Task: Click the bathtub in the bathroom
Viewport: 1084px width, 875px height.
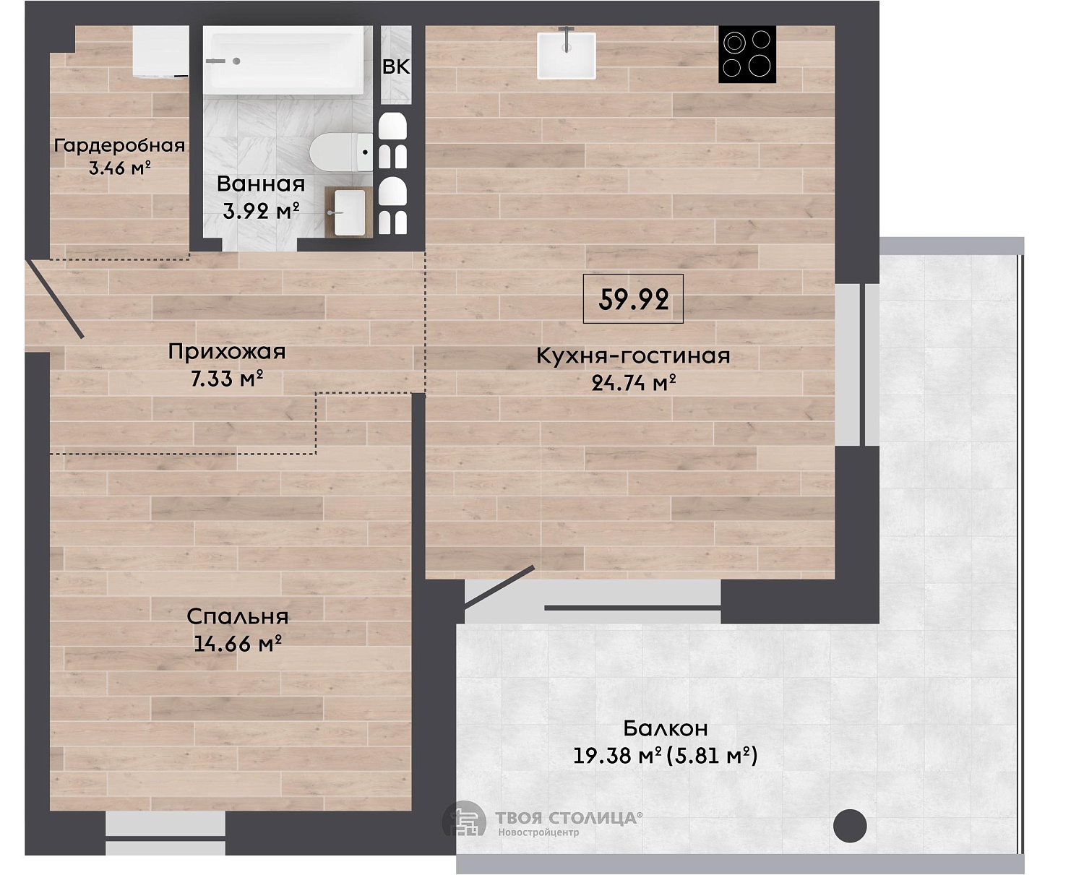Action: (283, 60)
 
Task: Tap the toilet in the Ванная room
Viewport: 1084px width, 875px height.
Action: (341, 152)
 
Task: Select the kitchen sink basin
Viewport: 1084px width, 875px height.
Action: (567, 56)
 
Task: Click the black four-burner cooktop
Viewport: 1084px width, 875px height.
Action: (747, 54)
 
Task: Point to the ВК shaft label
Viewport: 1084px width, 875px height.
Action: (396, 66)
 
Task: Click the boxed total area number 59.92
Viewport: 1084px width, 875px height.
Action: (633, 298)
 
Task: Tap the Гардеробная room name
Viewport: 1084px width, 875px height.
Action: (119, 145)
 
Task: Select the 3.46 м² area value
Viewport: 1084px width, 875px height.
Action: (119, 168)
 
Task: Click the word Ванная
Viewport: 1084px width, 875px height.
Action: (261, 184)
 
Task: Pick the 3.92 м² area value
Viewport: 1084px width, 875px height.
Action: (261, 210)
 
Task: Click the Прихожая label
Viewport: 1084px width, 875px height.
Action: (227, 352)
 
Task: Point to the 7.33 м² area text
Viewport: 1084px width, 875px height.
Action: (227, 379)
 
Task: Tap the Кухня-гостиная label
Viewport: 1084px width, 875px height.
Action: (633, 355)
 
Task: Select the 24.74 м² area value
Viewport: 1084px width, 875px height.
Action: (634, 382)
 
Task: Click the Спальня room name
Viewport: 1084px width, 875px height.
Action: (238, 616)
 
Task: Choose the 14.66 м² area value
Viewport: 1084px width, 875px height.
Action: (238, 644)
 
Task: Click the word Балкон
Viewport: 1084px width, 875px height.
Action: (666, 728)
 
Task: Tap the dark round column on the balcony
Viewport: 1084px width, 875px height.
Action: (850, 826)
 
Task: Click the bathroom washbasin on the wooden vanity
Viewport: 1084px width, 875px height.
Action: (350, 213)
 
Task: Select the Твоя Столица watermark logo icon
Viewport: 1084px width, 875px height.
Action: (464, 819)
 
